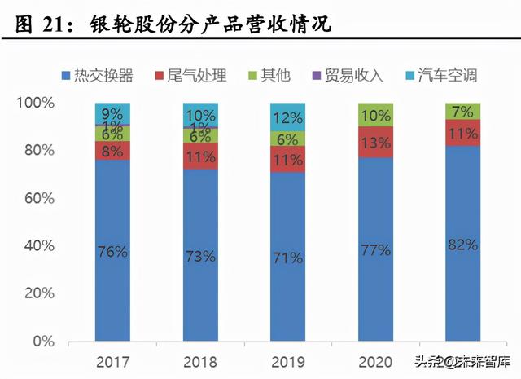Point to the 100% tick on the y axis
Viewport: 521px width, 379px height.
(37, 104)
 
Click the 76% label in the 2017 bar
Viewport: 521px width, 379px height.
(112, 251)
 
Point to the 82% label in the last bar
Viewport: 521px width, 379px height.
(462, 244)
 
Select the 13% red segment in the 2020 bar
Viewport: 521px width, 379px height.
(375, 142)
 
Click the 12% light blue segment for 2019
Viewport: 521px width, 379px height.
(288, 117)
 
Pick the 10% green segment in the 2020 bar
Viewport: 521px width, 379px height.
(375, 115)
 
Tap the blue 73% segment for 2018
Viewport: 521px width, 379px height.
(200, 255)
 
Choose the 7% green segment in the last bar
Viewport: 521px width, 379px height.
(462, 111)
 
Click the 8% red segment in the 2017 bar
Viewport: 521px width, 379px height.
(112, 151)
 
